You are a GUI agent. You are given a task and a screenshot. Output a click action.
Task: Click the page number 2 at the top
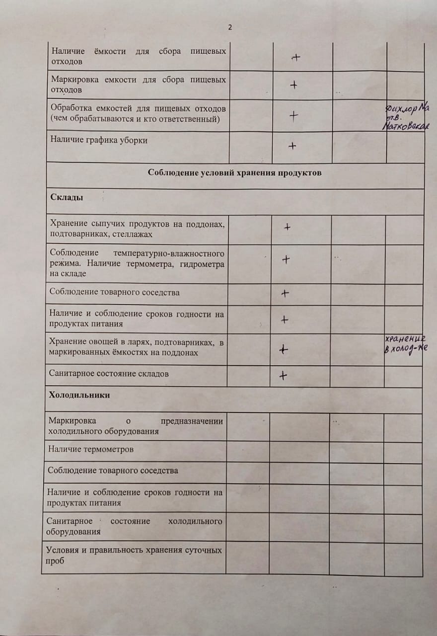pyautogui.click(x=230, y=28)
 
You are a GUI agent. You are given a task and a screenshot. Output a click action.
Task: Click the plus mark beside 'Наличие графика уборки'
pyautogui.click(x=292, y=146)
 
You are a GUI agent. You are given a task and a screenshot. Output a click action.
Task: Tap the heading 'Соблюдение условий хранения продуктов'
pyautogui.click(x=235, y=173)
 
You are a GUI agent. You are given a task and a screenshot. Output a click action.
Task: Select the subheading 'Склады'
pyautogui.click(x=67, y=197)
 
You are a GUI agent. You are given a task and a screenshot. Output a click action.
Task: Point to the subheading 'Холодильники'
pyautogui.click(x=79, y=395)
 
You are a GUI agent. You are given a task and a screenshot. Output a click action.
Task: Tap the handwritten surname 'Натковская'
pyautogui.click(x=405, y=127)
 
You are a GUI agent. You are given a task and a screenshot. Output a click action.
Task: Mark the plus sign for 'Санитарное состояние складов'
pyautogui.click(x=283, y=376)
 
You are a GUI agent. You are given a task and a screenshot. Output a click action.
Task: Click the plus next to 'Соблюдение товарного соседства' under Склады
pyautogui.click(x=285, y=293)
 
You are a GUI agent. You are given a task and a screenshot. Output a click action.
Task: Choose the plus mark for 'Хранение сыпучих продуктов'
pyautogui.click(x=287, y=227)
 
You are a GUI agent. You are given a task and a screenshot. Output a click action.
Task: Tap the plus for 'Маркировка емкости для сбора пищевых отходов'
pyautogui.click(x=293, y=85)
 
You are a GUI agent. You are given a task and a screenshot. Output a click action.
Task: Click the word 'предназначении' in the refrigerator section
pyautogui.click(x=192, y=422)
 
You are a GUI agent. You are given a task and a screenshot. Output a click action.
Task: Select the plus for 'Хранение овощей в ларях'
pyautogui.click(x=283, y=350)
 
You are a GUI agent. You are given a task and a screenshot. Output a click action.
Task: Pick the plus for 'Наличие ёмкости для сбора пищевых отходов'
pyautogui.click(x=296, y=58)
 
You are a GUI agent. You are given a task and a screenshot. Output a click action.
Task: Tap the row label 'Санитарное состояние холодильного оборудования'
pyautogui.click(x=134, y=526)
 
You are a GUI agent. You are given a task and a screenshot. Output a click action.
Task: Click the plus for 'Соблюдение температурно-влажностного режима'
pyautogui.click(x=286, y=259)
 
